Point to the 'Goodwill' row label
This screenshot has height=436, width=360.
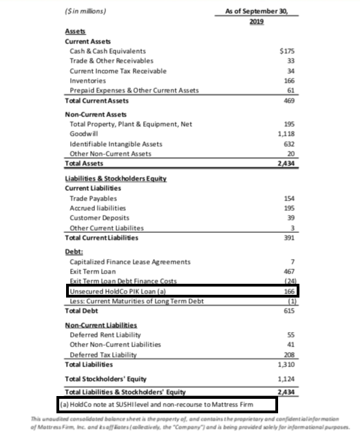(x=85, y=134)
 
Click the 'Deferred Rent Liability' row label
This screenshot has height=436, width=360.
(x=105, y=334)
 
